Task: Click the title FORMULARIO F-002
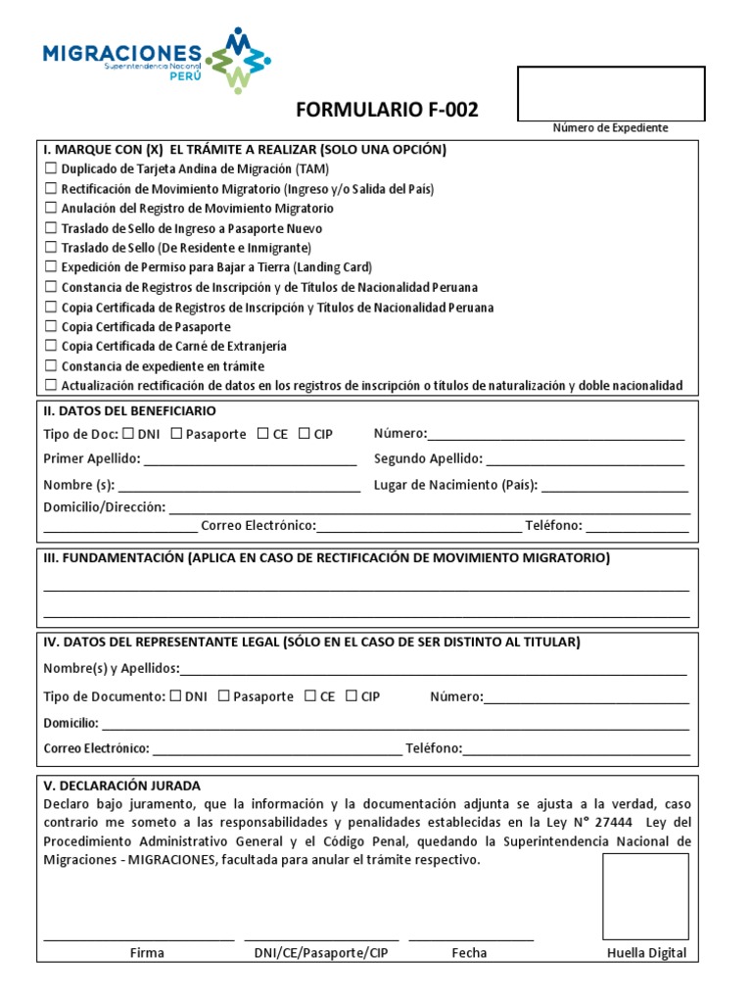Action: tap(386, 110)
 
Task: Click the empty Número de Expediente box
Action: tap(610, 93)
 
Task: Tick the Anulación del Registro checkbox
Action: tap(51, 209)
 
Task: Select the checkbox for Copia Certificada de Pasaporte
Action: tap(51, 326)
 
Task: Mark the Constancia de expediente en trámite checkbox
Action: tap(51, 365)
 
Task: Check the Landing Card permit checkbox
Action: tap(51, 267)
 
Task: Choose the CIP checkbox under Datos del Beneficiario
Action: tap(305, 434)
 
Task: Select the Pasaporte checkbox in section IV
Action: tap(224, 696)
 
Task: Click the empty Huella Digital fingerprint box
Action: tap(645, 896)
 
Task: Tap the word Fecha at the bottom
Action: tap(469, 953)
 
